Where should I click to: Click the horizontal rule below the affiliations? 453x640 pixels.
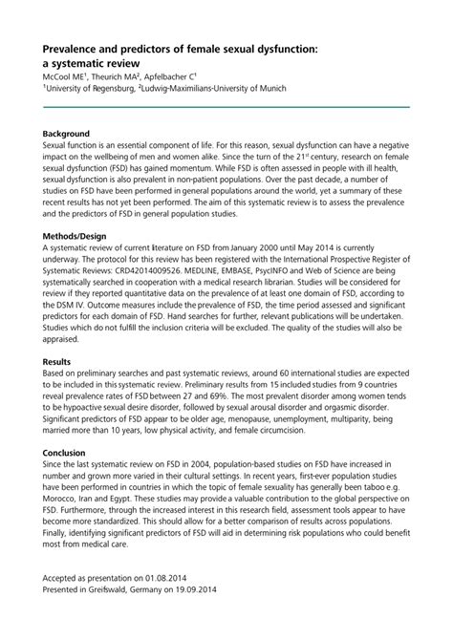point(226,107)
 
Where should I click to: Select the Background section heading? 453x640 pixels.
point(67,134)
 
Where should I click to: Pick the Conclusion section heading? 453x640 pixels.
point(65,451)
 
